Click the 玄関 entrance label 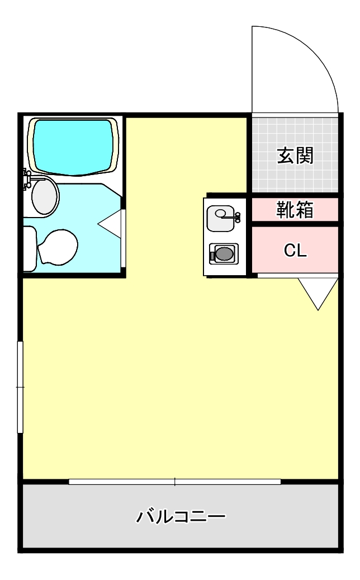(295, 155)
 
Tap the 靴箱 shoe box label (295, 210)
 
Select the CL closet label (295, 251)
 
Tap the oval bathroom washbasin (45, 196)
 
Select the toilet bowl (58, 247)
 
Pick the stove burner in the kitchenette (224, 254)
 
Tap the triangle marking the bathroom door (110, 224)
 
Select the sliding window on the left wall (20, 387)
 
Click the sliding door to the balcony (174, 482)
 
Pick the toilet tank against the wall (29, 248)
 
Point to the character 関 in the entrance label (305, 155)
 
